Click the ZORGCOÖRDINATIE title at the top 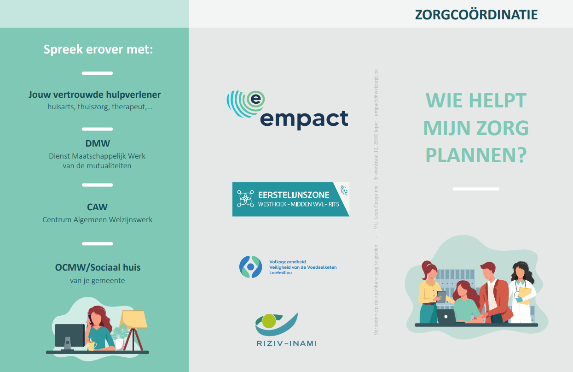click(x=476, y=14)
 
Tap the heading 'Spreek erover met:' click(x=98, y=49)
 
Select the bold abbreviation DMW click(x=98, y=143)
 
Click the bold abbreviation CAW click(x=97, y=207)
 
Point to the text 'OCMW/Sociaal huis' click(x=98, y=267)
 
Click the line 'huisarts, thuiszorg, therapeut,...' click(x=100, y=107)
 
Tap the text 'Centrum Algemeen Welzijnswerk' click(x=97, y=220)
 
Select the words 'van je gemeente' click(x=97, y=281)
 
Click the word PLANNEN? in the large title click(x=476, y=155)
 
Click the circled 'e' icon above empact click(x=255, y=100)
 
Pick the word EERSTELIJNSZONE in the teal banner click(x=294, y=195)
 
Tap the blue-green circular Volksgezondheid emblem click(x=250, y=267)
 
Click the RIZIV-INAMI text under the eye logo click(x=286, y=343)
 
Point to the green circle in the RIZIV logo click(x=269, y=321)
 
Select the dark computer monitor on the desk click(x=69, y=336)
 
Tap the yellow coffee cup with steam click(x=92, y=345)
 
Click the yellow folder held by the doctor click(x=525, y=296)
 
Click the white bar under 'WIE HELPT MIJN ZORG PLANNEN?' click(x=476, y=189)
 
